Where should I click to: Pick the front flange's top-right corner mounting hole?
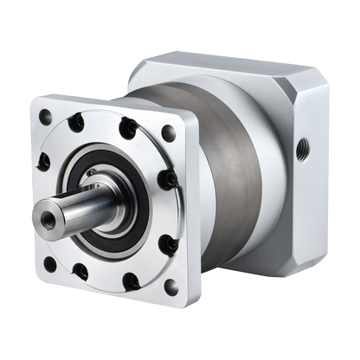(x=168, y=132)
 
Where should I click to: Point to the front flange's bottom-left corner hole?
(x=50, y=263)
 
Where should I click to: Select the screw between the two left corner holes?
(x=42, y=161)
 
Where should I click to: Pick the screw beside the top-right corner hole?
(x=130, y=130)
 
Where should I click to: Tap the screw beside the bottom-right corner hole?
(x=132, y=280)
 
